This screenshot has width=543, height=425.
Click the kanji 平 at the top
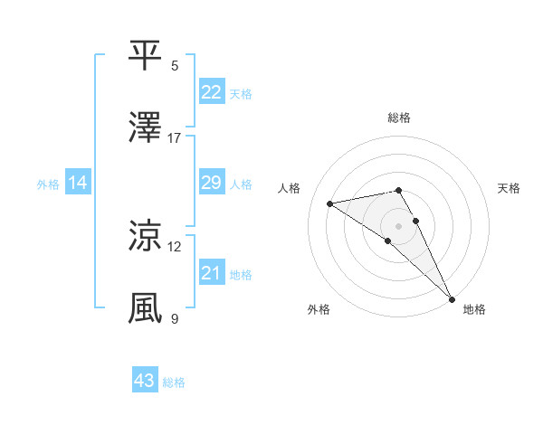(x=145, y=55)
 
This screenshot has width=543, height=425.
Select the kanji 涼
(x=145, y=236)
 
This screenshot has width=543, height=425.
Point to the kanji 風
(x=145, y=308)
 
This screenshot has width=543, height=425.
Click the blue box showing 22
(x=211, y=92)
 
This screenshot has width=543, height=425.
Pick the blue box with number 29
(x=211, y=183)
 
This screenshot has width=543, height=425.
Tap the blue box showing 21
(x=211, y=273)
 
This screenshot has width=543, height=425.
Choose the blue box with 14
(x=78, y=183)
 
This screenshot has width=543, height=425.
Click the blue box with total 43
(x=145, y=381)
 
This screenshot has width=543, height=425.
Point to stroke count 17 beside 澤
(x=175, y=137)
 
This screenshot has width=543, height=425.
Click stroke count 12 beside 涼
(x=175, y=246)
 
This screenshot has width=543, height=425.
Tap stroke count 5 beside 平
(x=175, y=65)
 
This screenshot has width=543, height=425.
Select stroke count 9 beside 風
(x=175, y=318)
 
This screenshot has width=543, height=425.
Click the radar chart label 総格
(x=399, y=118)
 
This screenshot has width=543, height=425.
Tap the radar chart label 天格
(x=509, y=188)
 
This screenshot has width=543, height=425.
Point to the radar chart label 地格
(x=474, y=309)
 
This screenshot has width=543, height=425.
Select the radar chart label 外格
(x=319, y=309)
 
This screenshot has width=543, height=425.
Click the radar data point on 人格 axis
(x=330, y=203)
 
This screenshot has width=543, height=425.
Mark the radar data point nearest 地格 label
(x=452, y=298)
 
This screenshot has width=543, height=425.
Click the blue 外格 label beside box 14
(x=48, y=184)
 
